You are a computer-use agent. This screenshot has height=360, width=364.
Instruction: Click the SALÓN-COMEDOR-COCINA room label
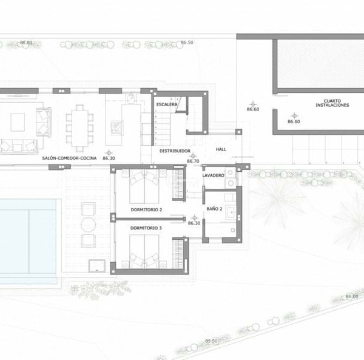coord(69,158)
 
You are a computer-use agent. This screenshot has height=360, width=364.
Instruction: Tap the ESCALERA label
coord(167,104)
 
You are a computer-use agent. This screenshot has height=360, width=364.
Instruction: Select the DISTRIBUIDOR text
coord(175,151)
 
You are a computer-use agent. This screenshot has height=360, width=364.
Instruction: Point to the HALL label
coord(221,149)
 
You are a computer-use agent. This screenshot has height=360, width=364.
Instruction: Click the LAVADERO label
coord(213,175)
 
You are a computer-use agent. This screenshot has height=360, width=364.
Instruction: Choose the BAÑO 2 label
coord(214,209)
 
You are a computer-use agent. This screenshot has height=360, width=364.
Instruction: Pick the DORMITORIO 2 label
coord(146,209)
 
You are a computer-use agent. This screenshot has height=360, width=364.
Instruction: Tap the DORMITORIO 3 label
coord(146,228)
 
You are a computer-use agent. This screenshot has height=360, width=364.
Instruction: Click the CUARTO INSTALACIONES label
coord(332,103)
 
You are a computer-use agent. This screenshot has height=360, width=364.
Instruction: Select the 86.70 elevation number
coord(193,161)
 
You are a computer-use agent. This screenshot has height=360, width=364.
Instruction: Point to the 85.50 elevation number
coord(211,341)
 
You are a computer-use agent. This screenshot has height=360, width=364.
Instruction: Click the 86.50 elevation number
coord(187,42)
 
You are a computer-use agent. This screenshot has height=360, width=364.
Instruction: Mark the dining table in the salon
coord(79,128)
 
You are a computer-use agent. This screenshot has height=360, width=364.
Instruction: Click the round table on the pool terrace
coord(88,225)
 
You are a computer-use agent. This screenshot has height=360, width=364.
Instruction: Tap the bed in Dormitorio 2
coord(144,186)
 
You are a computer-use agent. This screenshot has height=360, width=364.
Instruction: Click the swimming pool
coord(28,236)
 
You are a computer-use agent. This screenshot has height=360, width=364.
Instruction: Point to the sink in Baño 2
coord(231,212)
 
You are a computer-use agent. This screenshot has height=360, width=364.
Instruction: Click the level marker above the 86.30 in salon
coord(109,153)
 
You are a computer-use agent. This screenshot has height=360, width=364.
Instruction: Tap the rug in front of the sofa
coord(18,122)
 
